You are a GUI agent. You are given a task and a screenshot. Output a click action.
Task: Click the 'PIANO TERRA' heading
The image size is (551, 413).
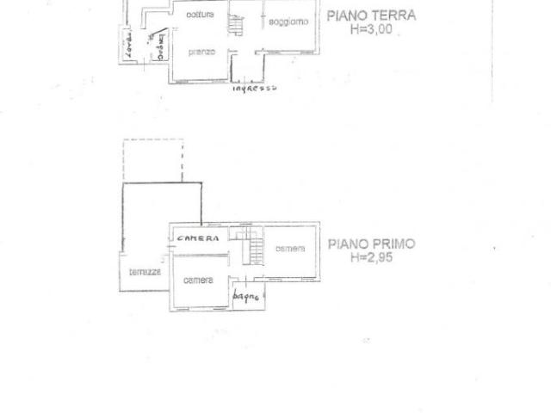click(x=371, y=15)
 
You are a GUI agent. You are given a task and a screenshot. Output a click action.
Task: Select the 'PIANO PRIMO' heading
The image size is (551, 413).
click(x=371, y=243)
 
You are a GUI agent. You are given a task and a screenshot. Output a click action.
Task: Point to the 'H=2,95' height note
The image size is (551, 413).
click(x=371, y=256)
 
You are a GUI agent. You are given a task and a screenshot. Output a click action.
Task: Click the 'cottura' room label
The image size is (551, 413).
click(x=200, y=15)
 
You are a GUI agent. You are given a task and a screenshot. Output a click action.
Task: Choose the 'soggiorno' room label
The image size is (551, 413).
click(x=288, y=22)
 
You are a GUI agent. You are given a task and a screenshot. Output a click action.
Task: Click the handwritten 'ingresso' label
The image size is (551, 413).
click(x=254, y=88)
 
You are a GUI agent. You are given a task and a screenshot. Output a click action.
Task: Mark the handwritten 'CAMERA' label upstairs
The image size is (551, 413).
click(x=197, y=237)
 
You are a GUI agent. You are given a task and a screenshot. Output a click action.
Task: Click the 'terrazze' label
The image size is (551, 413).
click(x=144, y=272)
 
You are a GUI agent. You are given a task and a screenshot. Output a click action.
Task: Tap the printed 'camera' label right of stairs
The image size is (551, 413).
click(x=290, y=249)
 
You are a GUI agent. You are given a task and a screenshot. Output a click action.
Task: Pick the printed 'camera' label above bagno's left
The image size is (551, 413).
click(x=198, y=280)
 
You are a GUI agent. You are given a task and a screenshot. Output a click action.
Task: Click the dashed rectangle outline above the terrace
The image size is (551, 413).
click(x=152, y=160)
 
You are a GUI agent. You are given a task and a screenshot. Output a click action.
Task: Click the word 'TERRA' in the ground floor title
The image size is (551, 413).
click(x=395, y=15)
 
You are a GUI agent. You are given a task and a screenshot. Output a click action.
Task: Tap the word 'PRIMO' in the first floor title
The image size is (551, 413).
click(x=394, y=243)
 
